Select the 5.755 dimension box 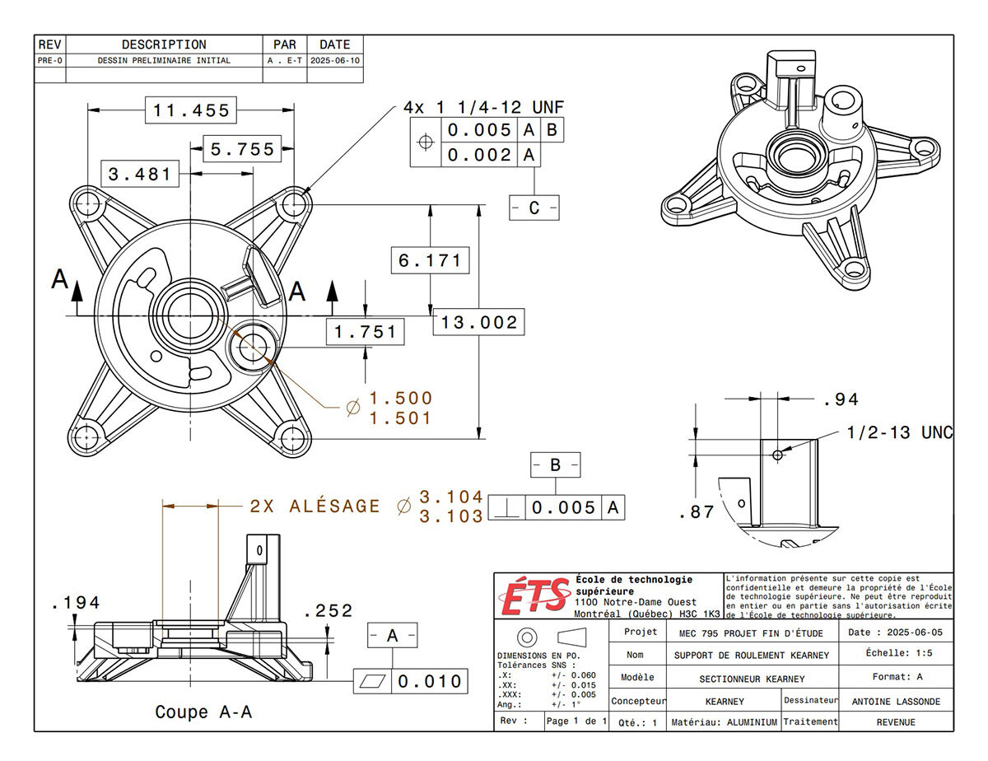click(241, 149)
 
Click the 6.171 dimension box click(430, 260)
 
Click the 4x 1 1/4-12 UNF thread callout click(483, 108)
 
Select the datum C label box click(534, 208)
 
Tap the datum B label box click(555, 465)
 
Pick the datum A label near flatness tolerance click(393, 636)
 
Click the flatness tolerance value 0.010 click(431, 682)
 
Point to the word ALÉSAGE click(335, 507)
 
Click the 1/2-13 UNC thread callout click(900, 433)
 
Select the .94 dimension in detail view click(841, 400)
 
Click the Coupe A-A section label click(203, 712)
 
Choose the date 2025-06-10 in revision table click(334, 60)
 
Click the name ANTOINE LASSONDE click(896, 702)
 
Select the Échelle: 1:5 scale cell click(896, 653)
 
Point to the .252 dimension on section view click(328, 611)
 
